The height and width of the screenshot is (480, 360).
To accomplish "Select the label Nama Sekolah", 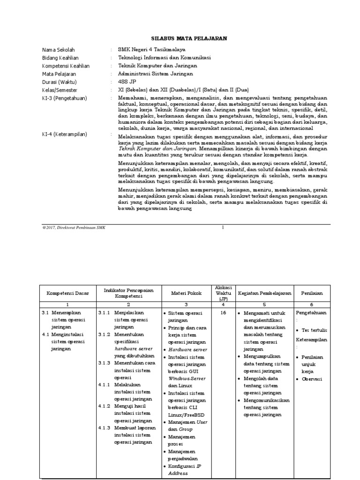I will point(59,50).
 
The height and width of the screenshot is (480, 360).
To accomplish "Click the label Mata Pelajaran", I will point(59,74).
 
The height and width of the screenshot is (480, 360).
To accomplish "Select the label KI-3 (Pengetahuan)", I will point(67,98).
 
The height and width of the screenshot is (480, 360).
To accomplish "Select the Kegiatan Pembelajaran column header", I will point(264,293).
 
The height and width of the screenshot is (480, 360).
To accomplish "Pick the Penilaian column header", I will point(312,293).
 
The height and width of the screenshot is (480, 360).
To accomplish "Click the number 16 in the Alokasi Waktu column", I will point(223,312).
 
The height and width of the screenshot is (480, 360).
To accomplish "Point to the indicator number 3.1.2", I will point(104,334).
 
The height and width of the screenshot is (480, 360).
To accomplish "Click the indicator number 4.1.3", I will point(104,427).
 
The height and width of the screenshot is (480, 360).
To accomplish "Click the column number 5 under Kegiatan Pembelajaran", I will point(264,304).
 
